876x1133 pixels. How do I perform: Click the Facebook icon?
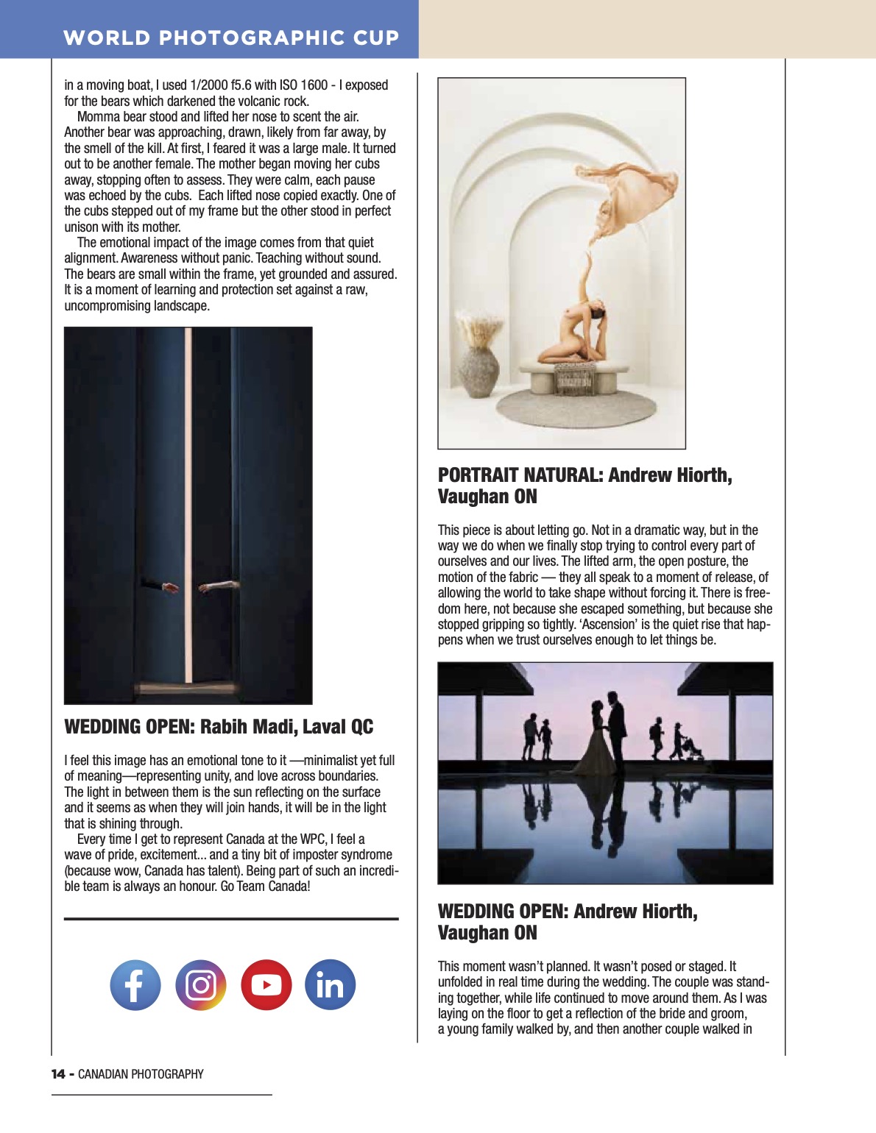135,985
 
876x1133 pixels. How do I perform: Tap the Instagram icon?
200,985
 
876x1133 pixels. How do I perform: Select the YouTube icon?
266,985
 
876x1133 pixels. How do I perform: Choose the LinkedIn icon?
330,985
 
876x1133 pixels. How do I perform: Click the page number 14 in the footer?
58,1074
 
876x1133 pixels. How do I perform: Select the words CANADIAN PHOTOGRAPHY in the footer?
141,1074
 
